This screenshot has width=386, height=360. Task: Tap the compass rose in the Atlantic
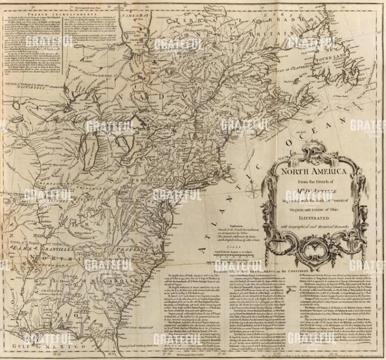[x=251, y=191]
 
